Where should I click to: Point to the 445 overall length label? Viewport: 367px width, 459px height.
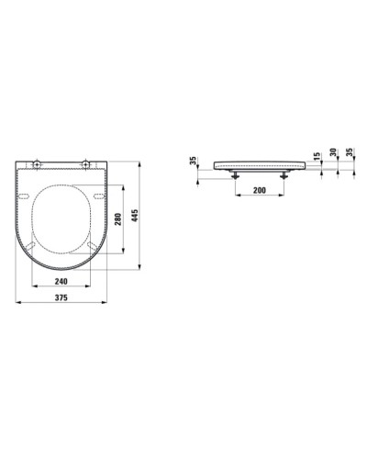tap(134, 216)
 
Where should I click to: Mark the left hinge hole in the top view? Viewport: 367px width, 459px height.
tap(36, 165)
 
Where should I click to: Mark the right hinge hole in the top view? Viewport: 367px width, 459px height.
tap(85, 165)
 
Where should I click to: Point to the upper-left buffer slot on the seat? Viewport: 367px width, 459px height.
tap(26, 195)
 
